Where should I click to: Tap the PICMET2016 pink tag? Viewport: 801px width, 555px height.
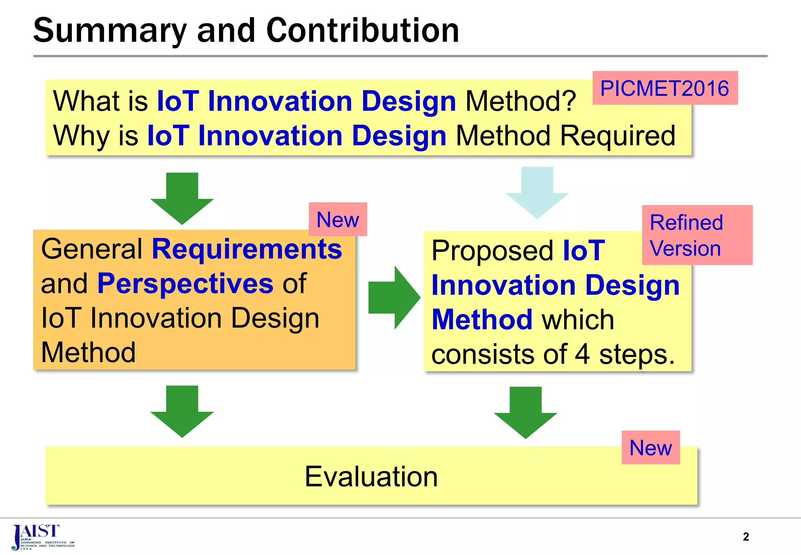click(x=665, y=88)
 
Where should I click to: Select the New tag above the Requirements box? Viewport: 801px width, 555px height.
click(x=338, y=220)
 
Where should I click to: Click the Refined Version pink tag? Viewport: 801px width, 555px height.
click(x=697, y=235)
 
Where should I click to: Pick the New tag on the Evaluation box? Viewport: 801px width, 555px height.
click(x=650, y=448)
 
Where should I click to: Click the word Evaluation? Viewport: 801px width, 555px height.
click(x=371, y=477)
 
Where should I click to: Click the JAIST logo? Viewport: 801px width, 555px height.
click(x=41, y=537)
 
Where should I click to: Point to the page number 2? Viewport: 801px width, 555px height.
click(x=745, y=537)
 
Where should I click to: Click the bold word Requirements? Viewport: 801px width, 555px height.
click(x=247, y=249)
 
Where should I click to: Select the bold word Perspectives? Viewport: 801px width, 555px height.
click(x=185, y=283)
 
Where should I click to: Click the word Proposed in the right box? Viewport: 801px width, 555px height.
click(x=492, y=251)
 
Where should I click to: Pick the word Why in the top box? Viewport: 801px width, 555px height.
click(x=81, y=136)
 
